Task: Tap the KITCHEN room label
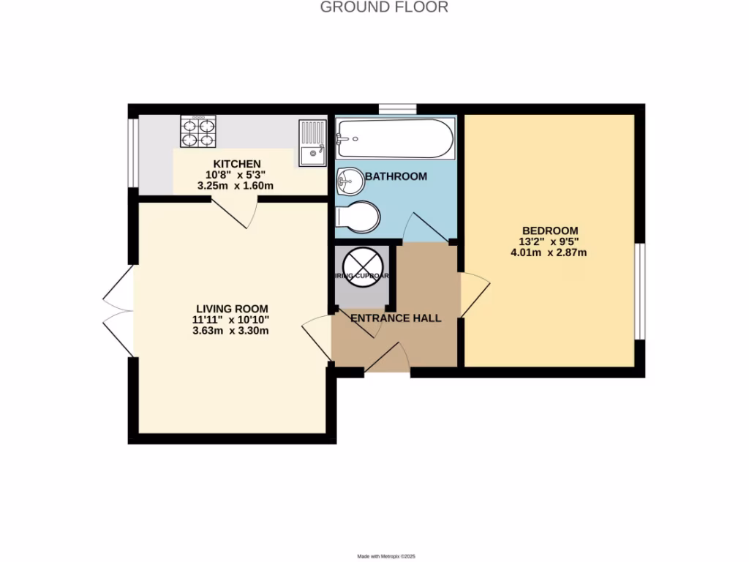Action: (x=236, y=163)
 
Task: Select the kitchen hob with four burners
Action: (x=199, y=132)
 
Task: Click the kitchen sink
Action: (x=312, y=143)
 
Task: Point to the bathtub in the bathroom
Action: (x=394, y=138)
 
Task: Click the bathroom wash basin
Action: (x=350, y=178)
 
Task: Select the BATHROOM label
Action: (x=396, y=176)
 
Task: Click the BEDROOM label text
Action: (x=549, y=230)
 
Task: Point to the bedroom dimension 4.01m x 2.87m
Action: (x=549, y=253)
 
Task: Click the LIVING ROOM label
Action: (x=231, y=308)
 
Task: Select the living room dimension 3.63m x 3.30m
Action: (x=231, y=331)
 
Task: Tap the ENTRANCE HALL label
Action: (x=396, y=318)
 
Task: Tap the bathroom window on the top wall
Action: (x=397, y=109)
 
